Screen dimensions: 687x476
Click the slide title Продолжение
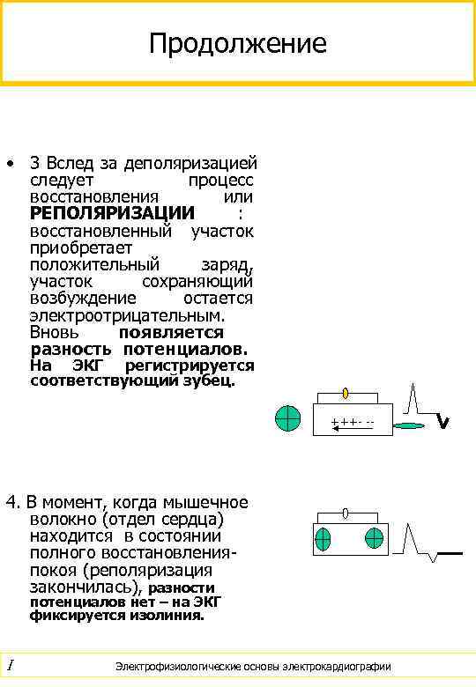tap(238, 43)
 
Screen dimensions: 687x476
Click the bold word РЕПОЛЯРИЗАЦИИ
tap(112, 213)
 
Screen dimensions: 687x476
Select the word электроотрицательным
tap(127, 314)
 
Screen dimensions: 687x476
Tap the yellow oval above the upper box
tap(346, 393)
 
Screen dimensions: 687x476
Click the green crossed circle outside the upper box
tap(287, 419)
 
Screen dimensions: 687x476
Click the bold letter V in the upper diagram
tap(443, 424)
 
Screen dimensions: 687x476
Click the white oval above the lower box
tap(346, 513)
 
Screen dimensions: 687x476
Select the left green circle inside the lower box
tap(324, 538)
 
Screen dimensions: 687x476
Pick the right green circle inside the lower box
tap(375, 538)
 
